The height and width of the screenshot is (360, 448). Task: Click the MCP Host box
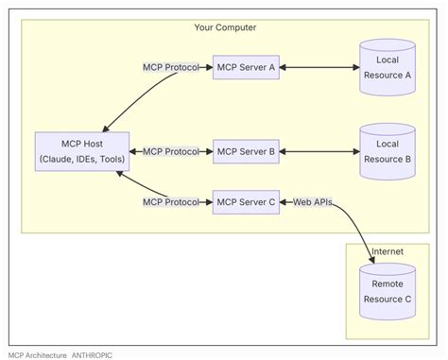[81, 152]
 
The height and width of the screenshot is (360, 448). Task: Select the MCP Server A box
[246, 68]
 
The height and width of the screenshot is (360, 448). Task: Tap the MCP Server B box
[246, 151]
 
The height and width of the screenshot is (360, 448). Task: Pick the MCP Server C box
[246, 201]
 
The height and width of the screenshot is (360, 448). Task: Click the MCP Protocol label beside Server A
[170, 68]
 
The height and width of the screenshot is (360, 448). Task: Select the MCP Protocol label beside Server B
[170, 151]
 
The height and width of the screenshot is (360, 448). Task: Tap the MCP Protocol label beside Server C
[170, 201]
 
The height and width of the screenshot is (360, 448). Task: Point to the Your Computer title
[224, 28]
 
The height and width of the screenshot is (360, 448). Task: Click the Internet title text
[388, 252]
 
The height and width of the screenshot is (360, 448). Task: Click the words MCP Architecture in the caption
[38, 354]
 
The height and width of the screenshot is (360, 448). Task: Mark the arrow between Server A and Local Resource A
[319, 68]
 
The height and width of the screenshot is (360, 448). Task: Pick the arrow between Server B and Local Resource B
[319, 151]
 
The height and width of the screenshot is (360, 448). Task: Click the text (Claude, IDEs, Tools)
[81, 161]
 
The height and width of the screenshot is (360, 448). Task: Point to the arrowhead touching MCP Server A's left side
[209, 68]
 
